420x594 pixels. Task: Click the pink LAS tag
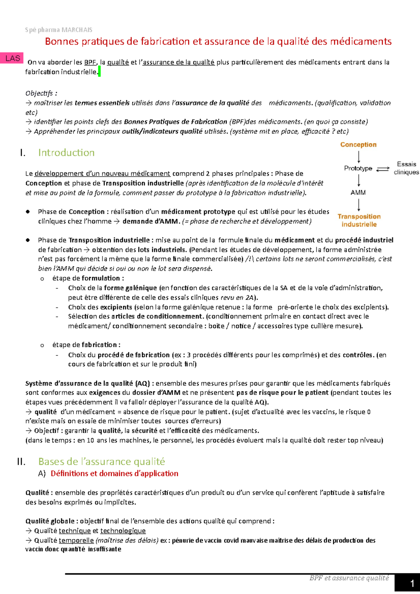pyautogui.click(x=13, y=58)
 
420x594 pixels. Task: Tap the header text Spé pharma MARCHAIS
pyautogui.click(x=58, y=30)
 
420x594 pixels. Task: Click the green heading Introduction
pyautogui.click(x=66, y=153)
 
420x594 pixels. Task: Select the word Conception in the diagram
pyautogui.click(x=358, y=144)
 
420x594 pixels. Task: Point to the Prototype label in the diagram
pyautogui.click(x=358, y=168)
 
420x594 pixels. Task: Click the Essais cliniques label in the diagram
pyautogui.click(x=406, y=168)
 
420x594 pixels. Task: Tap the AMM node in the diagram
pyautogui.click(x=358, y=192)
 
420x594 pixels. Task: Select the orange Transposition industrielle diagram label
pyautogui.click(x=359, y=220)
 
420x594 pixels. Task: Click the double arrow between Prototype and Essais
pyautogui.click(x=383, y=169)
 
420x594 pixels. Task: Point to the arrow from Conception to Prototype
pyautogui.click(x=359, y=157)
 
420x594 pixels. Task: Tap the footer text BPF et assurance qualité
pyautogui.click(x=349, y=578)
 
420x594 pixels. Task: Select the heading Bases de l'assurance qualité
pyautogui.click(x=101, y=461)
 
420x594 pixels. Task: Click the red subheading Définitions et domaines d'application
pyautogui.click(x=114, y=473)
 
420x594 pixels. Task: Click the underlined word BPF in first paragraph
pyautogui.click(x=90, y=62)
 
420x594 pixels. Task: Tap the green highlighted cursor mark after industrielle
pyautogui.click(x=99, y=72)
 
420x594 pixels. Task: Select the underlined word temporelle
pyautogui.click(x=76, y=540)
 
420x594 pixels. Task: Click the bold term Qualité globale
pyautogui.click(x=50, y=521)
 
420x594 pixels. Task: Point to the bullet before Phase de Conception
pyautogui.click(x=28, y=212)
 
